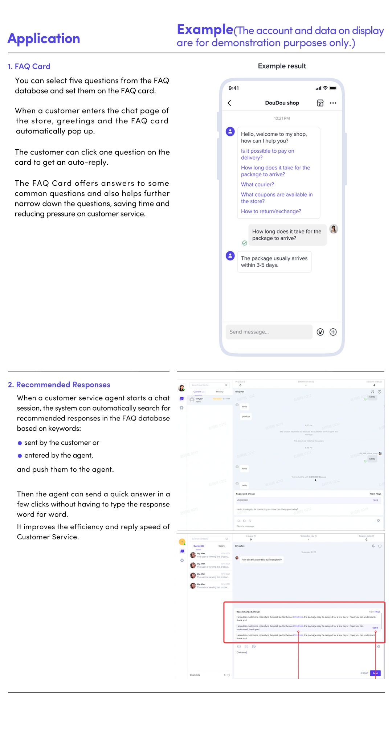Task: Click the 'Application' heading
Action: click(x=44, y=38)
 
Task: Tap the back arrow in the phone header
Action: click(x=229, y=103)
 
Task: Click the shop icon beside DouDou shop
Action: click(x=320, y=103)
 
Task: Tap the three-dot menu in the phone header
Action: click(x=333, y=103)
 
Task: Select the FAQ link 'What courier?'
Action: click(x=257, y=184)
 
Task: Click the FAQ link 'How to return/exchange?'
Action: click(x=271, y=211)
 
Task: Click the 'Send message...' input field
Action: click(x=269, y=332)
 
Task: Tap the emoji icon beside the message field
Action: click(x=320, y=332)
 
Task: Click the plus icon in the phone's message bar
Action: click(x=333, y=332)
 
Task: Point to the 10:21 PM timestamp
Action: click(x=282, y=118)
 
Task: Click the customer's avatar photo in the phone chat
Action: click(x=334, y=229)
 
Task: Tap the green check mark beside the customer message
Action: click(x=245, y=243)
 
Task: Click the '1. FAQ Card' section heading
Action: click(x=29, y=66)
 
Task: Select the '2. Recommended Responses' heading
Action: click(x=59, y=385)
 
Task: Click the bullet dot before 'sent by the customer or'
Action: click(x=20, y=443)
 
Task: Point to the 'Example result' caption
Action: click(x=282, y=66)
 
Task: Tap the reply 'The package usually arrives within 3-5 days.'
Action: click(x=274, y=262)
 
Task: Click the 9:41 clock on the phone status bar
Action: click(x=234, y=88)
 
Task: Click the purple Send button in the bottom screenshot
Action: click(x=375, y=673)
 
